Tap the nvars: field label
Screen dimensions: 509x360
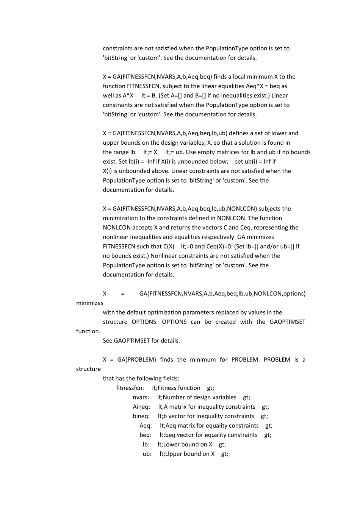pyautogui.click(x=141, y=397)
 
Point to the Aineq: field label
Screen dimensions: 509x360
pyautogui.click(x=141, y=407)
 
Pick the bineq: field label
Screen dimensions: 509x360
pyautogui.click(x=141, y=416)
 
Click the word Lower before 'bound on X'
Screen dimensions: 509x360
pyautogui.click(x=172, y=444)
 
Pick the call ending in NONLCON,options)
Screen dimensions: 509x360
pyautogui.click(x=222, y=294)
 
